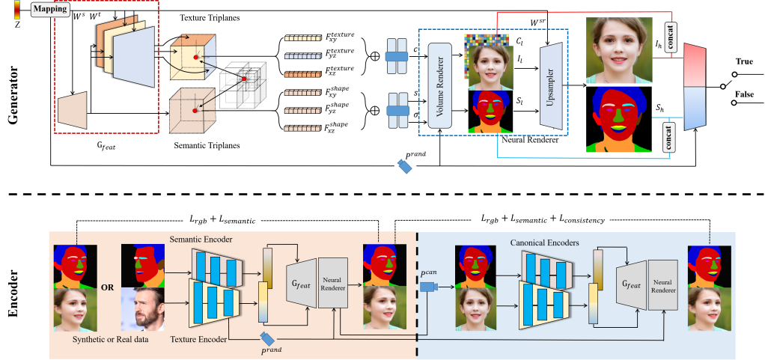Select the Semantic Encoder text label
click(x=201, y=239)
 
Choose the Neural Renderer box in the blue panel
click(x=662, y=286)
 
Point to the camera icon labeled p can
click(x=429, y=287)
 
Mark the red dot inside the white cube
click(x=243, y=79)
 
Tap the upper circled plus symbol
click(x=374, y=56)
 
